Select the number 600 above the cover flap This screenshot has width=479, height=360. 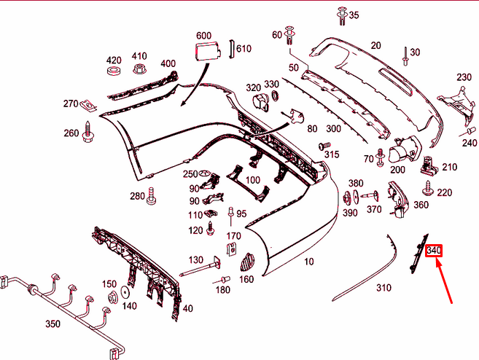tap(203, 35)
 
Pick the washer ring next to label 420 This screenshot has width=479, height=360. tap(113, 71)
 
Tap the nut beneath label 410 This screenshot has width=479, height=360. tap(139, 70)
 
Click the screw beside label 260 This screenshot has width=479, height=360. tap(87, 133)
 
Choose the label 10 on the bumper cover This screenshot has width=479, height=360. tap(309, 262)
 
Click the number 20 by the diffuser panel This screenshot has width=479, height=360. tap(375, 45)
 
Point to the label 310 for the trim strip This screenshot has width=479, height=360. tap(383, 287)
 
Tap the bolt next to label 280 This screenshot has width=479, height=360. tap(152, 195)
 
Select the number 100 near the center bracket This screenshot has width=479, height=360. tap(252, 180)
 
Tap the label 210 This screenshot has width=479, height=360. tap(449, 167)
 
